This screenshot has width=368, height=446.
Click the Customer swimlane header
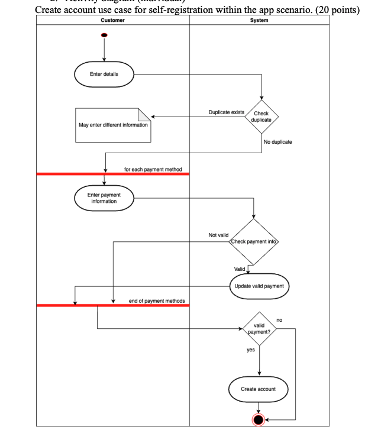(112, 20)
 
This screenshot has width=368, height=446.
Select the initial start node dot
(105, 35)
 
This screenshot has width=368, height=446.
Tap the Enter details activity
(104, 75)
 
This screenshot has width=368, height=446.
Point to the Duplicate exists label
(227, 112)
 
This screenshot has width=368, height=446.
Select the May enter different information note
(113, 125)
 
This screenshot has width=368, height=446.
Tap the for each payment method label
(156, 170)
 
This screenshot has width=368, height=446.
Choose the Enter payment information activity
(104, 198)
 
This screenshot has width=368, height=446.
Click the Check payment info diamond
(253, 243)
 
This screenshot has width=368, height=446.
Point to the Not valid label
(218, 235)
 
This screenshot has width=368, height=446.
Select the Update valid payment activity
(259, 286)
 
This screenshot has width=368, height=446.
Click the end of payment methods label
(157, 301)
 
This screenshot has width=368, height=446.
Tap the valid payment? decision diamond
(259, 328)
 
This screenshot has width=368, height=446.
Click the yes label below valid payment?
(250, 350)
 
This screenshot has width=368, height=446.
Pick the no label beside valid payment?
(279, 319)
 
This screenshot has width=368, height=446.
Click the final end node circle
(259, 419)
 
